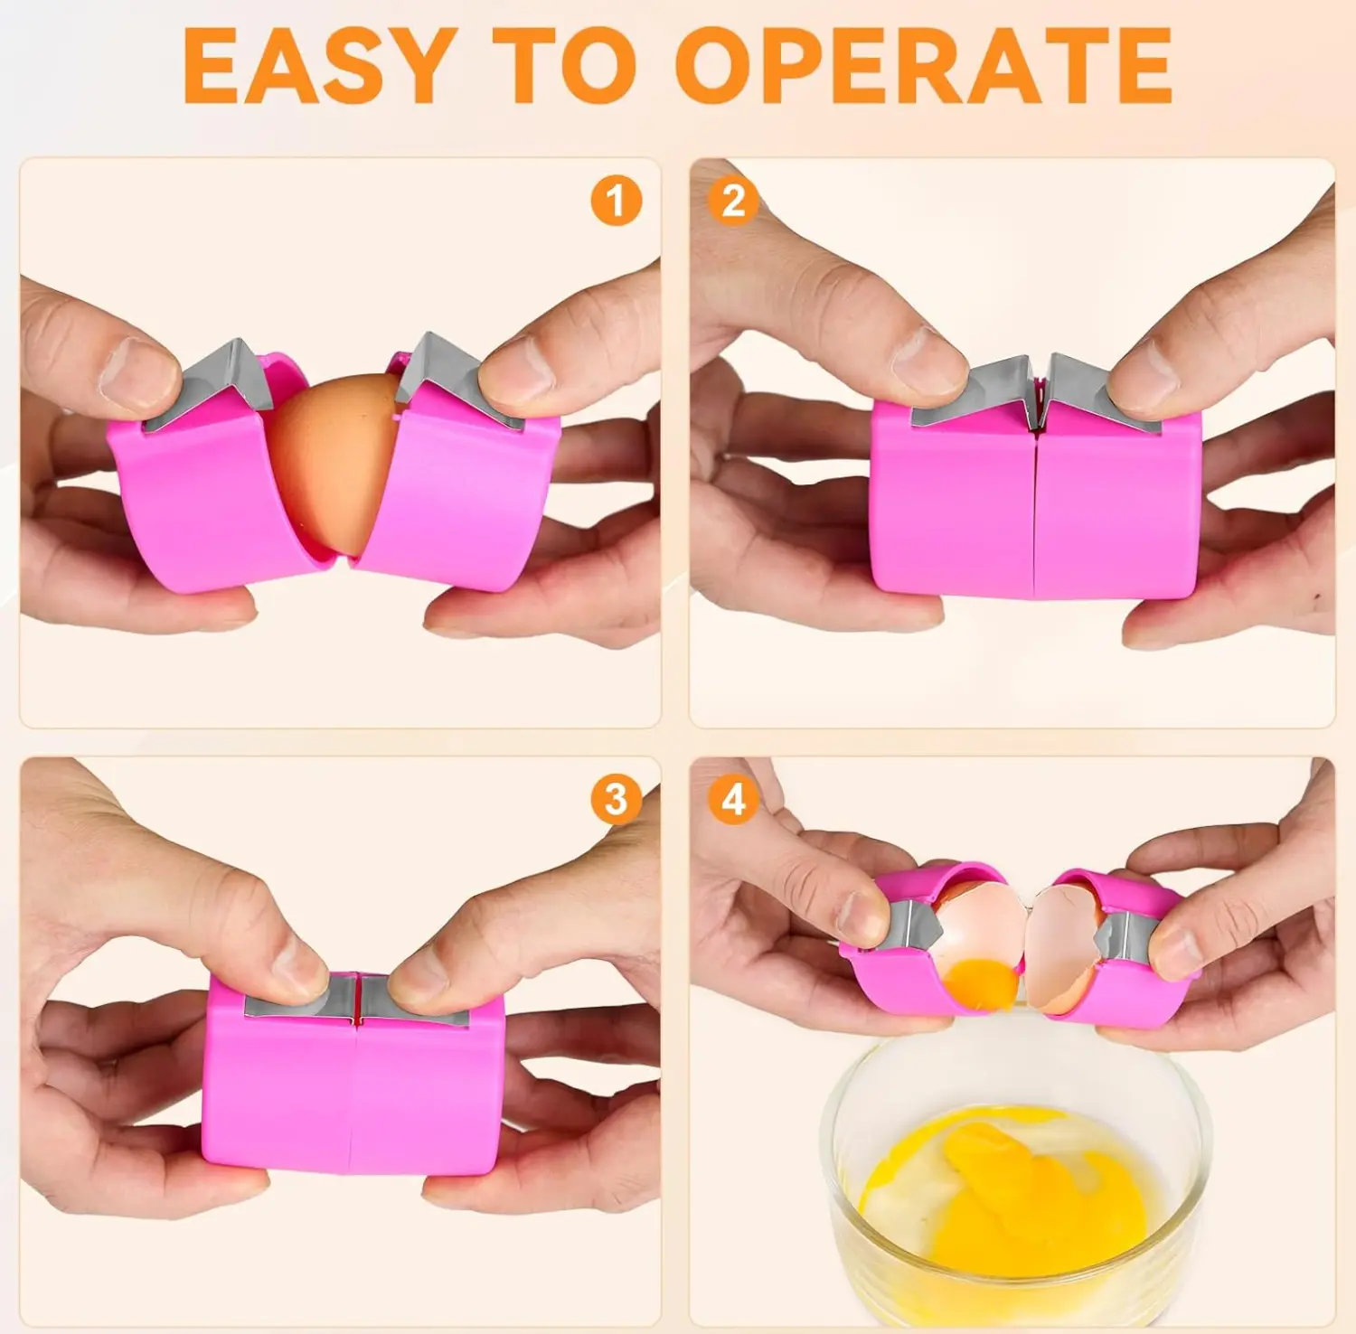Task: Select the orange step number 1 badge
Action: [x=617, y=201]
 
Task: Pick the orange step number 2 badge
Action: [x=733, y=201]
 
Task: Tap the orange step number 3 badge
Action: [x=617, y=799]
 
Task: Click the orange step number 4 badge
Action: [x=733, y=799]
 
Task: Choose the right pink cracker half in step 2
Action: [x=1116, y=506]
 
